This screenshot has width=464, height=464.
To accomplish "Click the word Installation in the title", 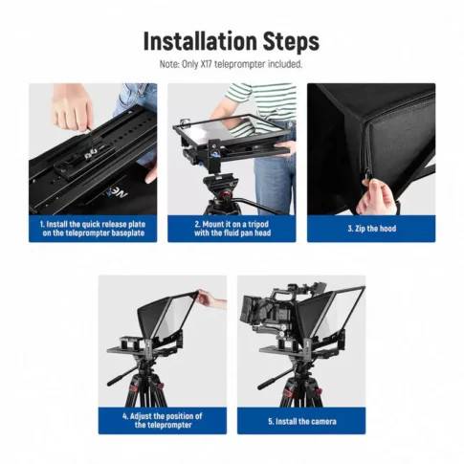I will click(198, 42).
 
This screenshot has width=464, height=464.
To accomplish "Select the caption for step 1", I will click(93, 229).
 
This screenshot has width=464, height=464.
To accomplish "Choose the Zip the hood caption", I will click(371, 229).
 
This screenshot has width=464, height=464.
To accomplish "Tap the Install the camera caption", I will click(301, 421).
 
